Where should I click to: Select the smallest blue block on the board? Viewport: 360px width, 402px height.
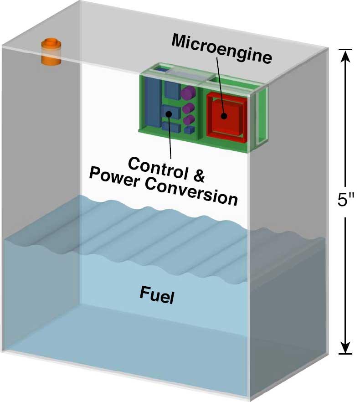pyautogui.click(x=189, y=130)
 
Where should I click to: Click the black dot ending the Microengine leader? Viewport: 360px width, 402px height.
pyautogui.click(x=224, y=115)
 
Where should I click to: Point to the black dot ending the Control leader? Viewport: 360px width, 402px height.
pyautogui.click(x=170, y=114)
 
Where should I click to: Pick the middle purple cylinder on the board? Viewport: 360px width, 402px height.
pyautogui.click(x=189, y=108)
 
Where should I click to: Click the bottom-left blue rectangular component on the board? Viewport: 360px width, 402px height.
pyautogui.click(x=166, y=125)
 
